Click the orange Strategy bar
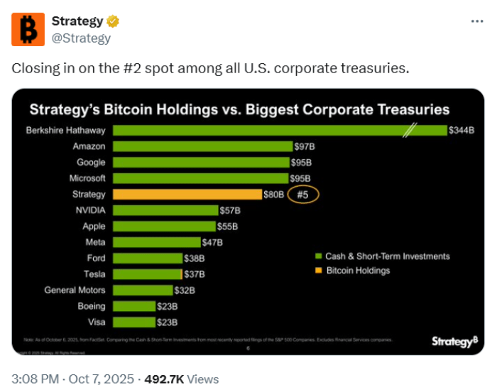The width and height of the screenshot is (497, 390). pos(187,195)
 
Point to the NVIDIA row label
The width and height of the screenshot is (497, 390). pos(90,210)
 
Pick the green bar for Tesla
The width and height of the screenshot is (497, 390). pos(142,274)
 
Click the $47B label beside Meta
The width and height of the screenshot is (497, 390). pos(212,242)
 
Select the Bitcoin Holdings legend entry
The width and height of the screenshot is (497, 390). pos(349,271)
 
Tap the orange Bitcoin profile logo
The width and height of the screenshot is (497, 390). pos(28,29)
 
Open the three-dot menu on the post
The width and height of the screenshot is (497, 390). pos(477,21)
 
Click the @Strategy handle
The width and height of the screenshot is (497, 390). pos(81,38)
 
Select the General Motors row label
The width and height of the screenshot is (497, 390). pos(75,291)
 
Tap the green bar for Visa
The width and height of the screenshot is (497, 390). pos(133,322)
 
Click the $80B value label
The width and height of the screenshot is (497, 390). pos(274,195)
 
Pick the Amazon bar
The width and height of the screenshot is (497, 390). pos(202,146)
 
